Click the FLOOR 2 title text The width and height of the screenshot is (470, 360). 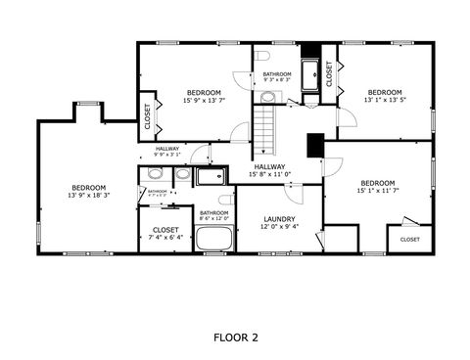pos(235,337)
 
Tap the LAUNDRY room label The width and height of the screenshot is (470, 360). pos(279,218)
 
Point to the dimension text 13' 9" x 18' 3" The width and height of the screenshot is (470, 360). pos(88,196)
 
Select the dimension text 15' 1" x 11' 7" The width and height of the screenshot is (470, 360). pos(377,191)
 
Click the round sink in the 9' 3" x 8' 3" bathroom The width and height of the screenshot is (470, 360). pos(268,96)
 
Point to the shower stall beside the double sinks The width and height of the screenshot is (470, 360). pos(210,176)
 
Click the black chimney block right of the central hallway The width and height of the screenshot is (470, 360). pos(314,144)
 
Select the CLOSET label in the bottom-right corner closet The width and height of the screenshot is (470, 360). pos(409,239)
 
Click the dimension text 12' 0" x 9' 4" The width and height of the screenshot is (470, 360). pos(279,226)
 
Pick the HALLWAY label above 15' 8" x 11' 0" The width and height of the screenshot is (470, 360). pos(269,166)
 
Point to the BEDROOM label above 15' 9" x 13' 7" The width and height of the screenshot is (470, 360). pos(204,92)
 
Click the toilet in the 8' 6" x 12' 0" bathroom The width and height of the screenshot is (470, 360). pos(225,200)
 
